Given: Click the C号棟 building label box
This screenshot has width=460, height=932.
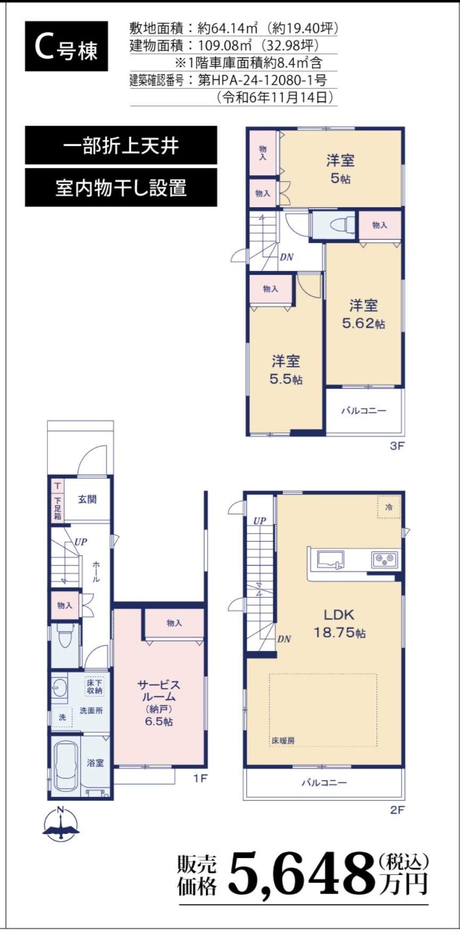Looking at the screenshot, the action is (66, 46).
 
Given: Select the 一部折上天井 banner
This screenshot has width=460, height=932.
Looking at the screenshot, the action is (121, 145).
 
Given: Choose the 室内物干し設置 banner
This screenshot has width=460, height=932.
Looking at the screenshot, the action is (121, 187).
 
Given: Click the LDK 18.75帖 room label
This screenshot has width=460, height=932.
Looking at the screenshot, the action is (339, 623).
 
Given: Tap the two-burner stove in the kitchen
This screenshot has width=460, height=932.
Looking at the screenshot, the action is (385, 559).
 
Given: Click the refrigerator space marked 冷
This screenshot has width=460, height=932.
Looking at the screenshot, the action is (389, 507).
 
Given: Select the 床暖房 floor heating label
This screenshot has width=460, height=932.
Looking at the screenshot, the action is (283, 740).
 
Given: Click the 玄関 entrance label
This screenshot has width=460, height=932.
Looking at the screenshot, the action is (87, 500).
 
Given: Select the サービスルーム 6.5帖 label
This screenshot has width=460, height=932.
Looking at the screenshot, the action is (159, 703).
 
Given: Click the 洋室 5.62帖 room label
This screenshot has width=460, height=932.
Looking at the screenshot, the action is (364, 314).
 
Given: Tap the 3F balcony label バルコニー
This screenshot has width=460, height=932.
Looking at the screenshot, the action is (364, 411).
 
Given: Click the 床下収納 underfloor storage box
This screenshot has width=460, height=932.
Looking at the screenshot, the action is (95, 686).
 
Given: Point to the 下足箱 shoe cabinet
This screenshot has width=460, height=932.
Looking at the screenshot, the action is (57, 508).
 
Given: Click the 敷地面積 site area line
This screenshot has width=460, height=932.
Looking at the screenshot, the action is (234, 28).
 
